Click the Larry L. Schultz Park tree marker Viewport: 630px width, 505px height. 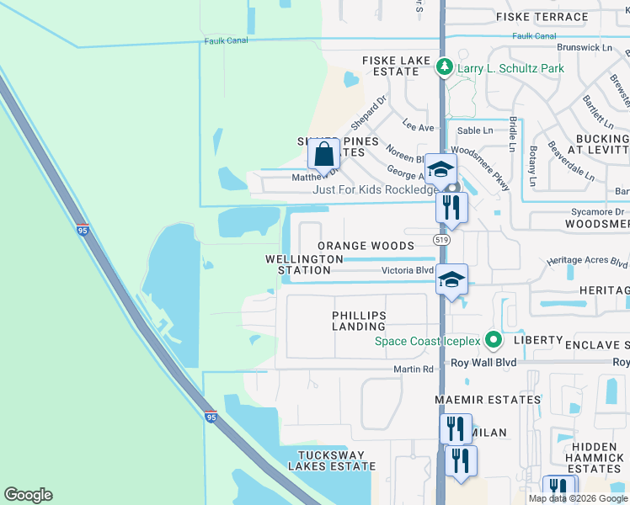(444, 66)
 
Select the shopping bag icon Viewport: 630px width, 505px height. (323, 155)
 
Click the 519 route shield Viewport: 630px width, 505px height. (441, 241)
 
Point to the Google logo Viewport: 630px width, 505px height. (28, 495)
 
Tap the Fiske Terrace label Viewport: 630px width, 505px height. (542, 17)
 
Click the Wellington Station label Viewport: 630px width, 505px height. (304, 264)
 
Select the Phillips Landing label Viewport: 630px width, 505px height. (359, 321)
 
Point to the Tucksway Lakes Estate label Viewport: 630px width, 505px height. (332, 460)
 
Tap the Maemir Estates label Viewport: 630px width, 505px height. (487, 399)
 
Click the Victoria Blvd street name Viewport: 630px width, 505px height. (408, 271)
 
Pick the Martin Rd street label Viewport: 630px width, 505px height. (414, 369)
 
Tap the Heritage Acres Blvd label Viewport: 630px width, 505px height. (587, 263)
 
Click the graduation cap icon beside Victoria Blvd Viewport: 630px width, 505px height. (451, 279)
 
